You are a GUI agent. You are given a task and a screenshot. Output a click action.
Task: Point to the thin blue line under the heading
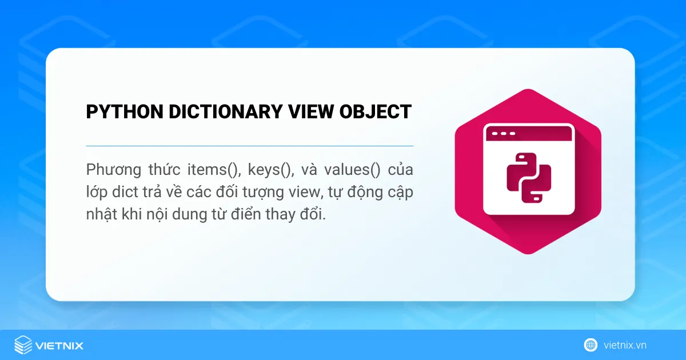coord(249,146)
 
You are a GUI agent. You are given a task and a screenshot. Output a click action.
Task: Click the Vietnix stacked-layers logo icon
coord(23,345)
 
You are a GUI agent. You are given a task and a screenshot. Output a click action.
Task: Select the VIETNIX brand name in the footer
coord(59,346)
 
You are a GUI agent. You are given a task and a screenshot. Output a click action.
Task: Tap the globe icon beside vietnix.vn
coord(591,345)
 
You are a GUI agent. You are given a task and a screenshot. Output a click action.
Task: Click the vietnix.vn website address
coord(625,345)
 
